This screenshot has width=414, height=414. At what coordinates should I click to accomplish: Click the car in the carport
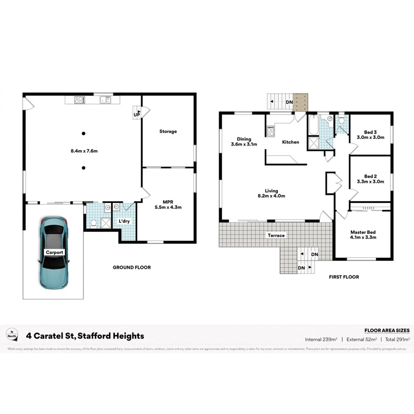coord(55,253)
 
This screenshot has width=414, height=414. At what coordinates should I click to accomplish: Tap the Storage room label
coord(168,132)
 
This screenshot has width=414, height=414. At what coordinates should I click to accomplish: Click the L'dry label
coord(125,221)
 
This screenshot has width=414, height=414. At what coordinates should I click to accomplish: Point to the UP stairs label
coord(137,114)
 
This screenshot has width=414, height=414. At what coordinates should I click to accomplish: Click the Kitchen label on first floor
coord(291,142)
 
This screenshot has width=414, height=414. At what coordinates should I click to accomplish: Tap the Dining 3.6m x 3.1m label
coord(244,141)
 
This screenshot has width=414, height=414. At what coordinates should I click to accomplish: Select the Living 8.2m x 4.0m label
coord(271,193)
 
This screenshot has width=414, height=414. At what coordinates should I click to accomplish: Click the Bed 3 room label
coord(370,134)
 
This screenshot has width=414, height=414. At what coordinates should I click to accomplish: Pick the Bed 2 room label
coord(370,178)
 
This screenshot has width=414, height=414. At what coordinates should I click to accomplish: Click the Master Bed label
coord(363,235)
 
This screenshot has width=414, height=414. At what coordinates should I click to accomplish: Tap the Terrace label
coord(276,236)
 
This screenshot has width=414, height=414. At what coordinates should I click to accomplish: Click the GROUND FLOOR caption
coord(132,267)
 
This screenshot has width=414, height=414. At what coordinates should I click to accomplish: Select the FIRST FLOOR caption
coord(344,277)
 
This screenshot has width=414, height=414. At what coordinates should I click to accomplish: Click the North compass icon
coord(12,334)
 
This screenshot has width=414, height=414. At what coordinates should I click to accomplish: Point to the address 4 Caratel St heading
coord(85,336)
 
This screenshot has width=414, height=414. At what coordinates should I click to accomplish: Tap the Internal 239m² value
coord(321,339)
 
